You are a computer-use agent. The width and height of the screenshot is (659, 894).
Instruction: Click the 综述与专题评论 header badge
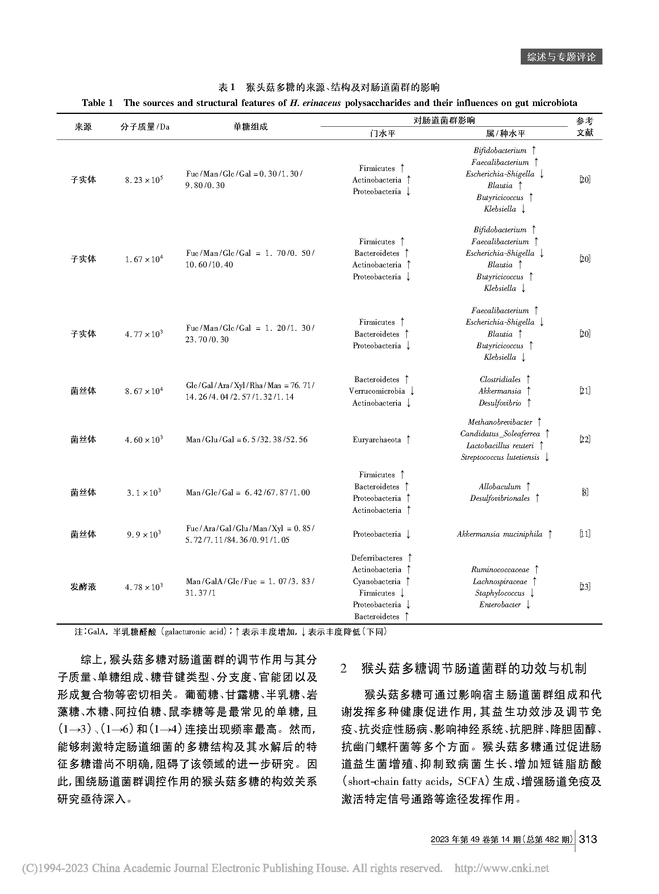561,57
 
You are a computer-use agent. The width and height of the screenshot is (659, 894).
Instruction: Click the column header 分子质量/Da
145,127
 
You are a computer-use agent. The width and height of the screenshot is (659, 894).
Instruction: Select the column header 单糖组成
250,127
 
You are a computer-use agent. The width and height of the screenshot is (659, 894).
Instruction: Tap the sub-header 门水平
382,133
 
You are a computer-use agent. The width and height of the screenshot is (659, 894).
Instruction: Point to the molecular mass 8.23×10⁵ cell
143,180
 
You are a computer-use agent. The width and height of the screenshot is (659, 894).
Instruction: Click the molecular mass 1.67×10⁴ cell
143,259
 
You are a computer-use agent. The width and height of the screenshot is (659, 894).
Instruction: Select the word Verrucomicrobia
377,391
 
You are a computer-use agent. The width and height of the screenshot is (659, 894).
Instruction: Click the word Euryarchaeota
377,439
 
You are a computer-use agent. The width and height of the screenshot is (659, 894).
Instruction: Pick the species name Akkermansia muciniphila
500,534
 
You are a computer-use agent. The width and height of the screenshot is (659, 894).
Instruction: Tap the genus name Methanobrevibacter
500,422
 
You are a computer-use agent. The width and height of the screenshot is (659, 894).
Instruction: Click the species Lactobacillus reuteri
500,445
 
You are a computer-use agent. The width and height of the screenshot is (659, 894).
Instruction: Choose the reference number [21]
584,391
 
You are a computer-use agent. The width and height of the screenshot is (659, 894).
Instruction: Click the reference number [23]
584,587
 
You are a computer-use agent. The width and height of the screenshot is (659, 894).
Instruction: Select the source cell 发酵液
83,587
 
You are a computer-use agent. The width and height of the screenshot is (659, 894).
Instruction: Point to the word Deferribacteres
377,558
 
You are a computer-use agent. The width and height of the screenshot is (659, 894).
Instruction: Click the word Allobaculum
500,487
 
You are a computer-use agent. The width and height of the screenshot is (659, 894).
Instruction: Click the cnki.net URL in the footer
502,869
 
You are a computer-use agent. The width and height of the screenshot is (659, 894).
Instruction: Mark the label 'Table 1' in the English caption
97,103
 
